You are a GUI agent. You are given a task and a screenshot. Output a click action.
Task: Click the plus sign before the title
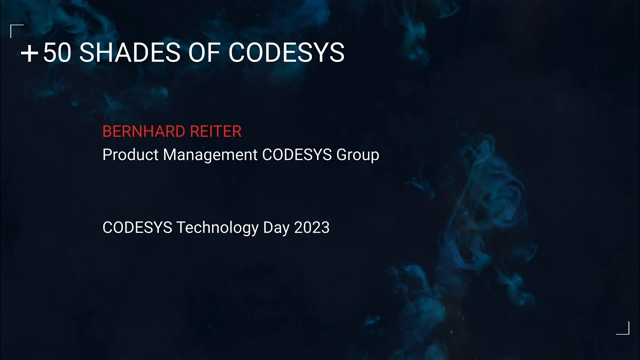[x=29, y=53]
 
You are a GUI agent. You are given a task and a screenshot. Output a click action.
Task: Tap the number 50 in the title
[x=57, y=53]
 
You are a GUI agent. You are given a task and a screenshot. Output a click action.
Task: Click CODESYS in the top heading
[x=286, y=53]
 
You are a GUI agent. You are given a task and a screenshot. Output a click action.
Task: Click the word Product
[x=130, y=155]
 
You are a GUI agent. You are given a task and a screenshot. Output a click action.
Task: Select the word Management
[x=210, y=155]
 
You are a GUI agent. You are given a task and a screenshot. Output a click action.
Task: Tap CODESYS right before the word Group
[x=297, y=155]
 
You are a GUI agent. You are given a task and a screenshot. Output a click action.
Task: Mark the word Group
[x=357, y=155]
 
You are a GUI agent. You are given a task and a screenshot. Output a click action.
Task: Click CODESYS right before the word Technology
[x=137, y=227]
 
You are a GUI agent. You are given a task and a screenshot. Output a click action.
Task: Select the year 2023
[x=311, y=227]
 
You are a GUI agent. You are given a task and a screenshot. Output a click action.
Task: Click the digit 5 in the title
[x=50, y=53]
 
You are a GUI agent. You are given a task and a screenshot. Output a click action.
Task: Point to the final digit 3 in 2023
[x=325, y=227]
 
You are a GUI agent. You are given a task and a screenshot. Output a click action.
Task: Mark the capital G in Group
[x=342, y=155]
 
